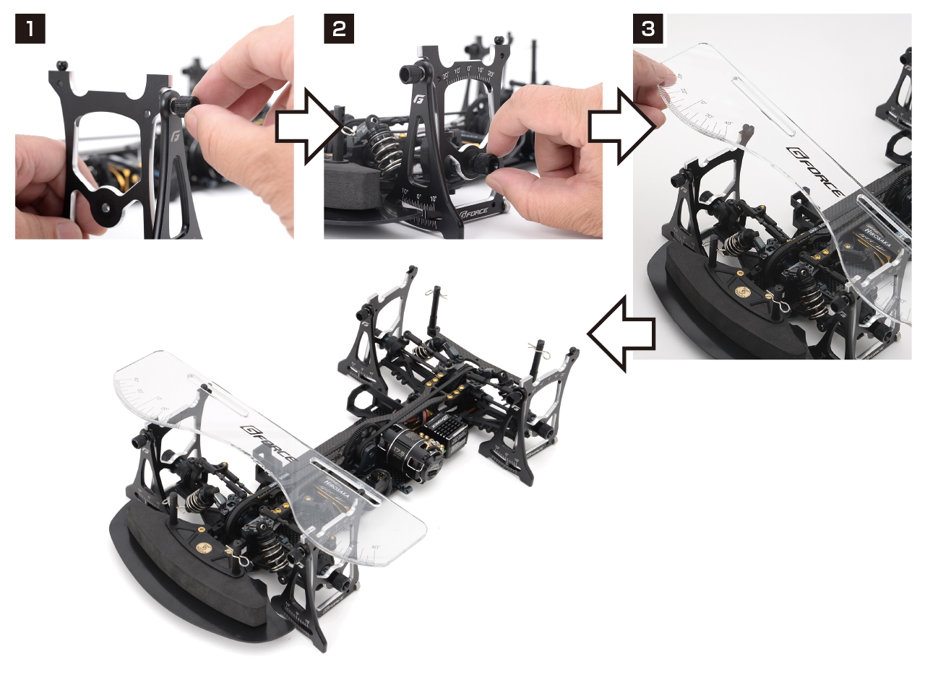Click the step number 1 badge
coord(30,29)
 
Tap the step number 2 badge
coord(338,29)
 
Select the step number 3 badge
coord(647,29)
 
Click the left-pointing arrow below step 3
coord(620,334)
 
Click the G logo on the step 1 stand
coord(175,135)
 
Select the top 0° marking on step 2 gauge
coord(469,70)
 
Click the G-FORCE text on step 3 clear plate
coord(814,172)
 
